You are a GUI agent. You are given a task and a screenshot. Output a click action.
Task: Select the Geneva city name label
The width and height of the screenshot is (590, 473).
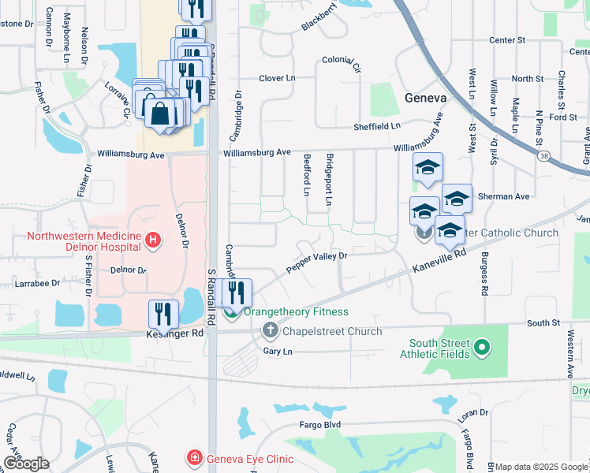pyautogui.click(x=425, y=98)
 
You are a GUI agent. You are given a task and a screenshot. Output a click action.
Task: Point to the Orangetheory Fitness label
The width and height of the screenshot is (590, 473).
pyautogui.click(x=296, y=312)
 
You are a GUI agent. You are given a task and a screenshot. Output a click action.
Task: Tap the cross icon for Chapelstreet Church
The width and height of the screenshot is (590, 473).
pyautogui.click(x=270, y=331)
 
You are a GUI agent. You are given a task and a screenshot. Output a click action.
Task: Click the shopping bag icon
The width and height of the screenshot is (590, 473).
pyautogui.click(x=159, y=113)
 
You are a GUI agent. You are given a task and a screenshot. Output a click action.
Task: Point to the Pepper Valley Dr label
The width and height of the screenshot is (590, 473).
pyautogui.click(x=316, y=263)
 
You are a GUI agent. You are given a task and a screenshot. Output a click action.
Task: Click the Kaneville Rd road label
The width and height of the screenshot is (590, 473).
pyautogui.click(x=439, y=262)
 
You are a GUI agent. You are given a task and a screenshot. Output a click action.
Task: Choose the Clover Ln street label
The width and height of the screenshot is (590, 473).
pyautogui.click(x=277, y=78)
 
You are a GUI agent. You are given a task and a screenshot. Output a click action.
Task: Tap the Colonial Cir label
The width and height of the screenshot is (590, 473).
pyautogui.click(x=341, y=61)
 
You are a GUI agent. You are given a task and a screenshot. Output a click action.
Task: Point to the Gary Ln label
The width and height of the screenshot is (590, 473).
pyautogui.click(x=278, y=351)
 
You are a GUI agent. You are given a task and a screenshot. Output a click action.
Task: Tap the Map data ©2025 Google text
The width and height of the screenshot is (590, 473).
pyautogui.click(x=541, y=467)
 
